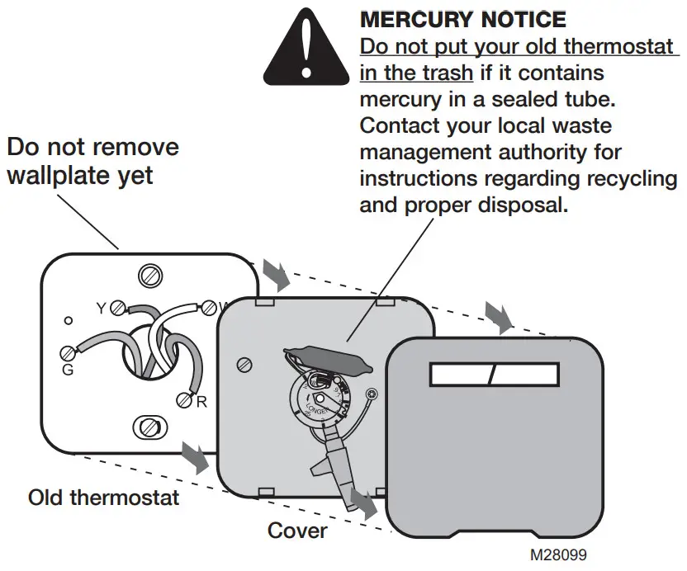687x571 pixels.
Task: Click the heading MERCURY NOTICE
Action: click(x=463, y=20)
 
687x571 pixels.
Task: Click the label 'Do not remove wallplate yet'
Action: click(x=92, y=161)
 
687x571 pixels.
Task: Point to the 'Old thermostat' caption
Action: click(x=103, y=498)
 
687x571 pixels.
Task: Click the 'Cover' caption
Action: click(x=297, y=530)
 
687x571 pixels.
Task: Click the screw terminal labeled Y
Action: click(x=118, y=308)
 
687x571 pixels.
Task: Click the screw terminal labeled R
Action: click(x=183, y=400)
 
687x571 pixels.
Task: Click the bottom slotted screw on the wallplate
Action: click(x=149, y=427)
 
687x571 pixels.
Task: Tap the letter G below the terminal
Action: click(x=68, y=370)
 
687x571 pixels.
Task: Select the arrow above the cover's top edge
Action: click(x=497, y=312)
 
